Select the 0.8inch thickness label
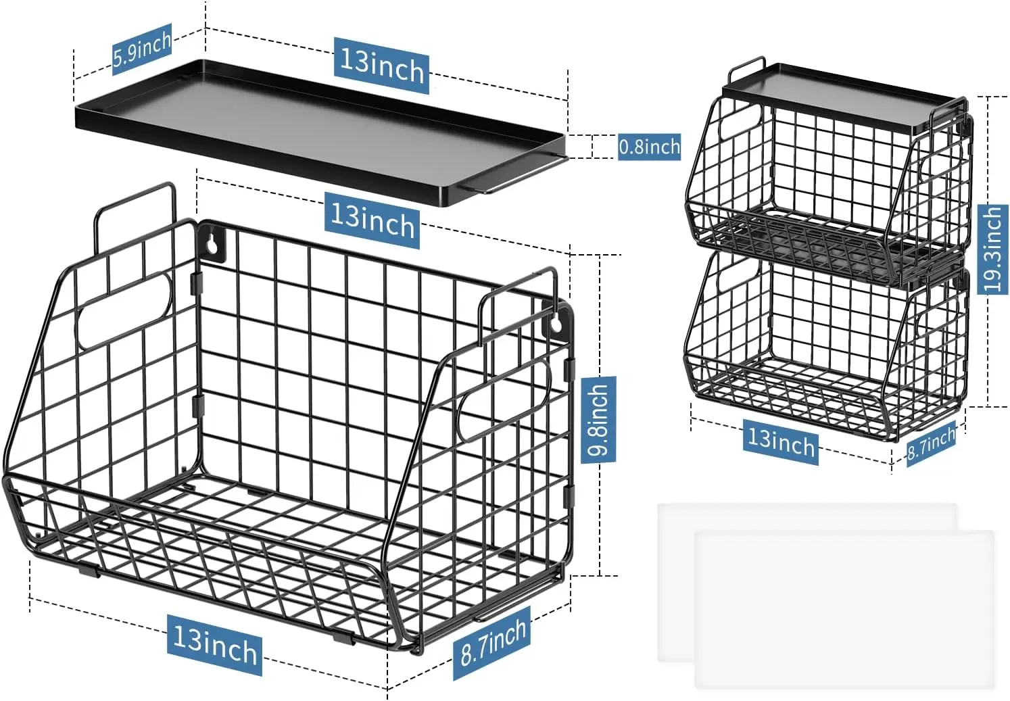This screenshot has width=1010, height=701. (649, 146)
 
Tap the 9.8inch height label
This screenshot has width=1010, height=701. (599, 420)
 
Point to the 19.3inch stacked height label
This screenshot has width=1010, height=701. (992, 249)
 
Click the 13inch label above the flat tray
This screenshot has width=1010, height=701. (382, 65)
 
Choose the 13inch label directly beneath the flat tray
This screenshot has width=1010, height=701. (372, 219)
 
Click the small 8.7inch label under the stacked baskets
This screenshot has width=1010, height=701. (931, 443)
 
